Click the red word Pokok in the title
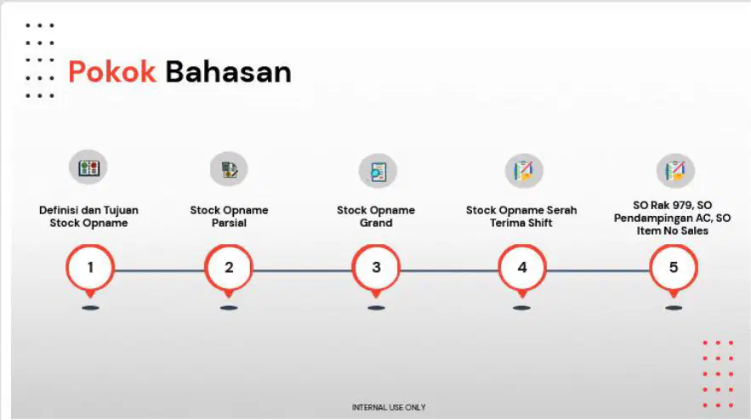(112, 71)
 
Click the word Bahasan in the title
(229, 71)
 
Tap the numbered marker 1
(90, 270)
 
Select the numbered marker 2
(229, 270)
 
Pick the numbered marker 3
(376, 270)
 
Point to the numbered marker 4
(522, 270)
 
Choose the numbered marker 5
(674, 270)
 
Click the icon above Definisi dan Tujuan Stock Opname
(88, 167)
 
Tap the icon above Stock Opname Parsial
(229, 169)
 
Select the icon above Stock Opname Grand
(378, 171)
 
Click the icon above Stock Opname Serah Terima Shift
(524, 171)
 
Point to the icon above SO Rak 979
(675, 171)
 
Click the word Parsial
(229, 223)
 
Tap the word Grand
(376, 223)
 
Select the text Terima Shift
(521, 223)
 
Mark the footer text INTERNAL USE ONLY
(389, 407)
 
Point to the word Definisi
(58, 210)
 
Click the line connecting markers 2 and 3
(302, 271)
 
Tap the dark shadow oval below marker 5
(674, 308)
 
